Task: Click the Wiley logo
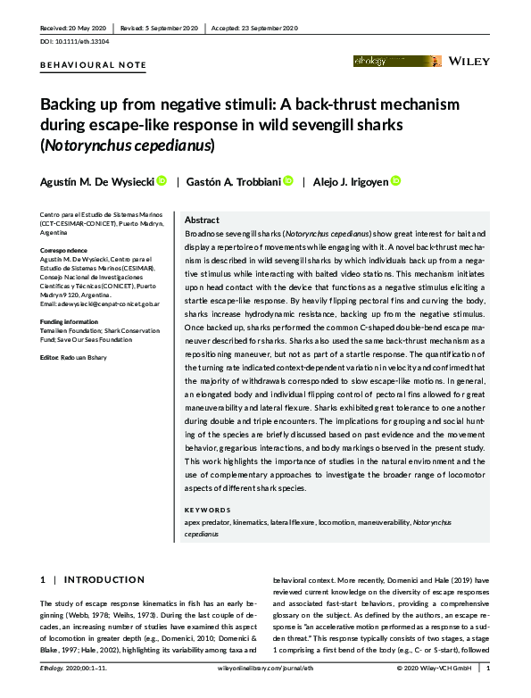pyautogui.click(x=469, y=62)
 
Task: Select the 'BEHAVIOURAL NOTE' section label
pyautogui.click(x=93, y=65)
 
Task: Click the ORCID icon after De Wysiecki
pyautogui.click(x=162, y=181)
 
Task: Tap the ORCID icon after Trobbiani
pyautogui.click(x=288, y=181)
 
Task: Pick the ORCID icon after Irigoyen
pyautogui.click(x=396, y=181)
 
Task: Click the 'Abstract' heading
pyautogui.click(x=202, y=220)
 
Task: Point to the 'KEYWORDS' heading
pyautogui.click(x=208, y=511)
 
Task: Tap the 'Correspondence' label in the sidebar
pyautogui.click(x=63, y=251)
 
